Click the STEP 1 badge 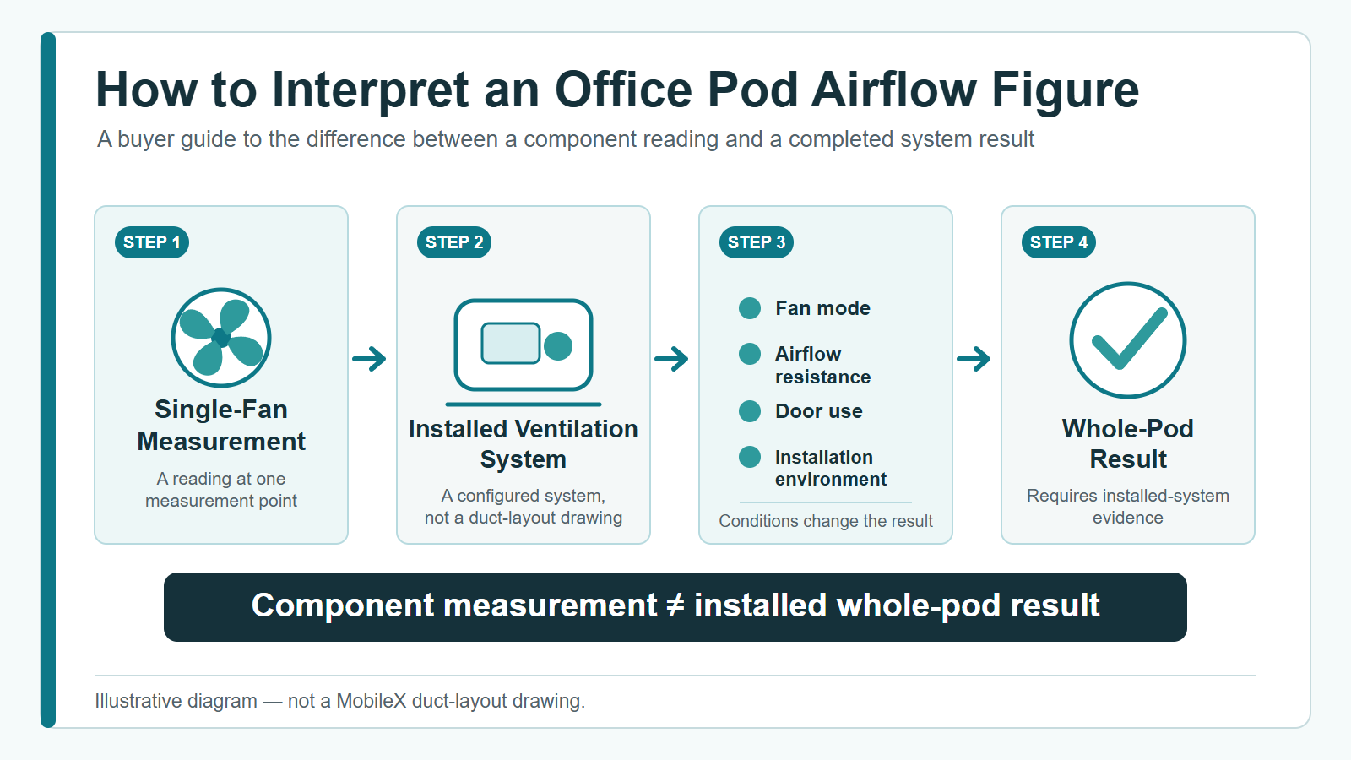[152, 242]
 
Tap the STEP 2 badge [454, 242]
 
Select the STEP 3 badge [757, 242]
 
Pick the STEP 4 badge [1059, 242]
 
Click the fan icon [221, 338]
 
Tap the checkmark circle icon [1128, 340]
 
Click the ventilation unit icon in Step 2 [524, 345]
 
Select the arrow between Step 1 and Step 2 [369, 359]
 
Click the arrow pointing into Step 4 [974, 359]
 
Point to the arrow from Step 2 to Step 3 [671, 359]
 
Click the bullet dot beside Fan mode [750, 308]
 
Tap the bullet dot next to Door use [750, 411]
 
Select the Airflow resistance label [822, 365]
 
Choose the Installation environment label [831, 468]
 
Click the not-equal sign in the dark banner [675, 605]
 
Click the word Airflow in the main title [893, 90]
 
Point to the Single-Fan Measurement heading [221, 426]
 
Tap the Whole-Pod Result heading [1128, 444]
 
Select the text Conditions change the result [826, 520]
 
